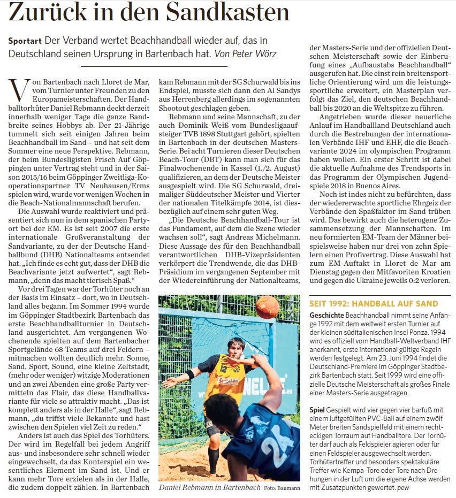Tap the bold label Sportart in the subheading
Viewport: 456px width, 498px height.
pos(26,41)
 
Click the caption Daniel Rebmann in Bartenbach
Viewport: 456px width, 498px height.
pos(210,488)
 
